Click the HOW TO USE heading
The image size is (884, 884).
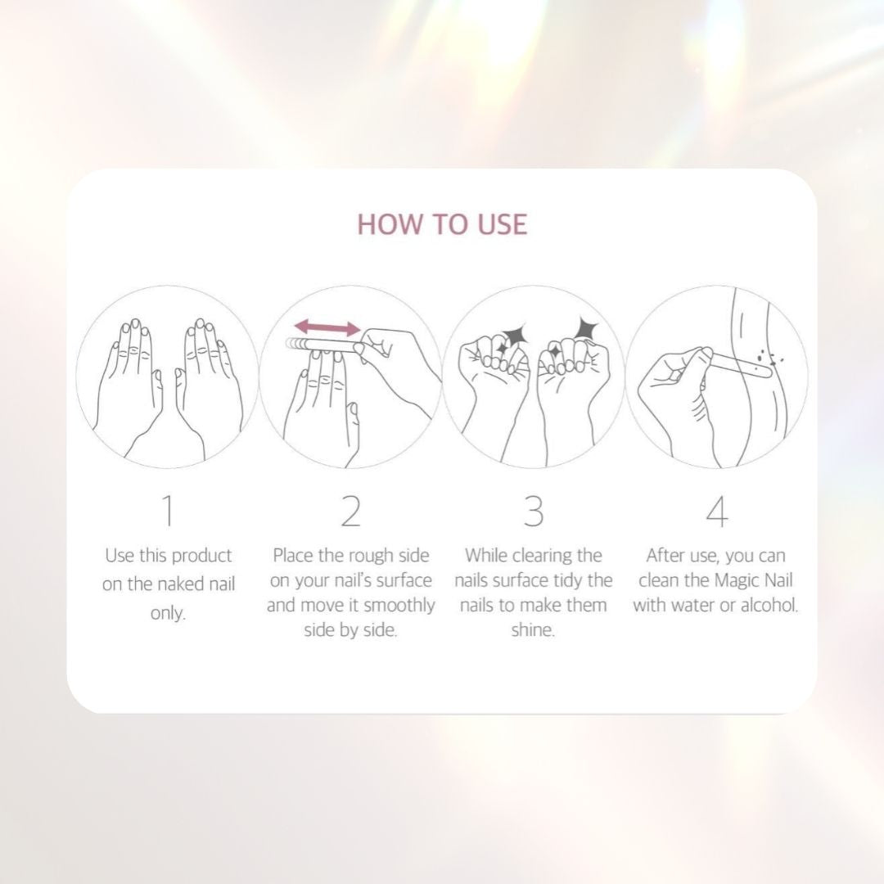click(442, 223)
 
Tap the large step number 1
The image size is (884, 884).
click(168, 511)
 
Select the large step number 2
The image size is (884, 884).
click(350, 511)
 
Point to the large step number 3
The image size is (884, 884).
click(533, 511)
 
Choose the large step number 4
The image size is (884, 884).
click(716, 511)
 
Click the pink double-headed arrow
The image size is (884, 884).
click(327, 328)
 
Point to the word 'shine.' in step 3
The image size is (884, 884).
click(533, 631)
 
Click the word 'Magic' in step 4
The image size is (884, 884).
click(737, 581)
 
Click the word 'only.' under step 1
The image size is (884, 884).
click(168, 613)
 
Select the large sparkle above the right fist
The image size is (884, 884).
click(587, 327)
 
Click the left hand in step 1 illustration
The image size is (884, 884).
click(129, 377)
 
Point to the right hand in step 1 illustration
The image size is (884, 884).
click(208, 377)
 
